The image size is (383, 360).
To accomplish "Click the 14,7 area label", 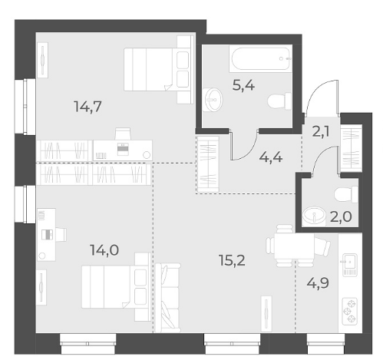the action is click(87, 107).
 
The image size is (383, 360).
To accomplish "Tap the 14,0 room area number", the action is click(104, 250).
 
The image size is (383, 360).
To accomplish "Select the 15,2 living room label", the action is click(232, 260).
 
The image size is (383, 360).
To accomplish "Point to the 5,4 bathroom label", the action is click(243, 85).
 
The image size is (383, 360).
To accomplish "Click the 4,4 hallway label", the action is click(271, 157).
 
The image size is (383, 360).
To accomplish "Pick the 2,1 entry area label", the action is click(321, 132).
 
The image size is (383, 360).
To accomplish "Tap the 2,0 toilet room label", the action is click(341, 217).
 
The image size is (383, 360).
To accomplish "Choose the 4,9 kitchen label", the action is click(318, 283).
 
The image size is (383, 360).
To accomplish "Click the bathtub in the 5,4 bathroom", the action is click(260, 58).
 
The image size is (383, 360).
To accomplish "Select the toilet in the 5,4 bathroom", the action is click(279, 101).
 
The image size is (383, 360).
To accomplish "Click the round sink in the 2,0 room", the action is click(313, 216).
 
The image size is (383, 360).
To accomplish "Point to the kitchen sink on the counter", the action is click(350, 265).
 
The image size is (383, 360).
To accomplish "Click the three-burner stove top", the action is click(350, 311).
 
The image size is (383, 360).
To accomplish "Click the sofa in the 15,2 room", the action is click(168, 297).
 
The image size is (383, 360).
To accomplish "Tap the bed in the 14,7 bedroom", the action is click(158, 69).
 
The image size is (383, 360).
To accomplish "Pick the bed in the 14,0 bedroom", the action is click(116, 286).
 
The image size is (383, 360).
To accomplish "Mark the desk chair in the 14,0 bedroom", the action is click(61, 234).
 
